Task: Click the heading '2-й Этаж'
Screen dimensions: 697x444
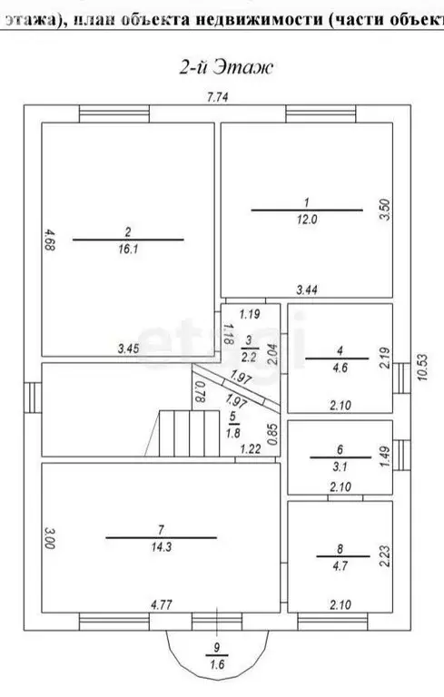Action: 222,67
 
